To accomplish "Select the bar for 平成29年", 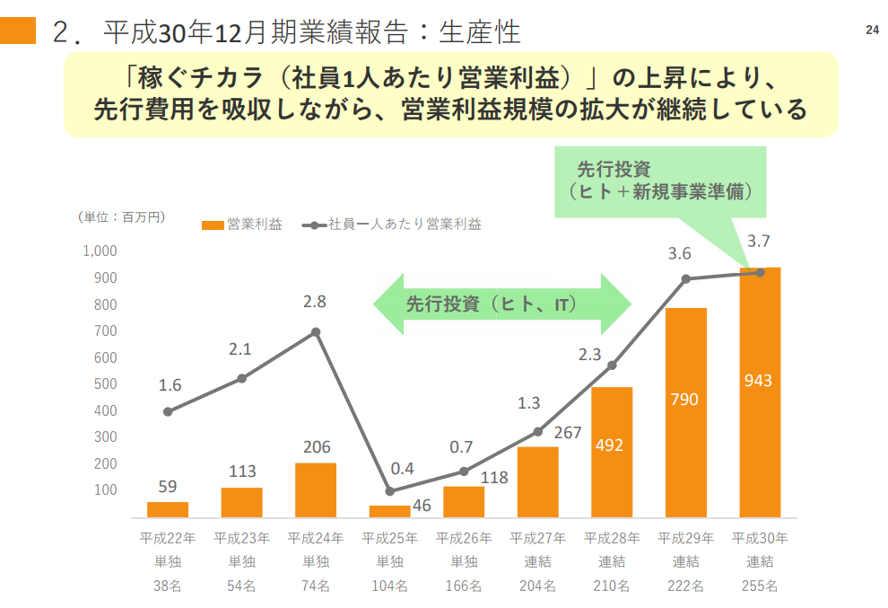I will click(x=685, y=413).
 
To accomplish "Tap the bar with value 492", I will click(x=612, y=453).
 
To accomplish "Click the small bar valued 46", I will click(x=389, y=511).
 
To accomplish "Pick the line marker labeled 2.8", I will click(x=316, y=332).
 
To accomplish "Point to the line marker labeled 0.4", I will click(x=389, y=491).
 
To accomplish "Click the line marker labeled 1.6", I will click(x=168, y=411).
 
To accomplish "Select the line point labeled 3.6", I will click(x=685, y=278).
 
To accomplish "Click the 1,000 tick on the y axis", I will click(x=100, y=251).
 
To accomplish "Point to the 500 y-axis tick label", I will click(x=105, y=384).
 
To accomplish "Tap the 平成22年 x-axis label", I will click(x=167, y=539).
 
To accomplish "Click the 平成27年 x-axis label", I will click(x=537, y=539).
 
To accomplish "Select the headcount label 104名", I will click(x=389, y=586).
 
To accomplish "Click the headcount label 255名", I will click(x=760, y=586).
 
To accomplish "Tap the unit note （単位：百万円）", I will click(x=121, y=216).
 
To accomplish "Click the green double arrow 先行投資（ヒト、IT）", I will click(x=502, y=304).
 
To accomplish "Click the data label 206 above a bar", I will click(x=316, y=446).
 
